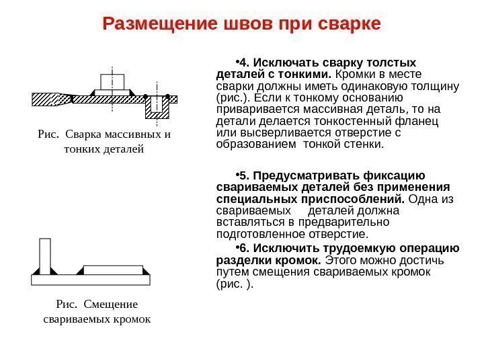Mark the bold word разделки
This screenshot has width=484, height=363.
pos(239,260)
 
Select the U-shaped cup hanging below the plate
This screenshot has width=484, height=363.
pos(158,108)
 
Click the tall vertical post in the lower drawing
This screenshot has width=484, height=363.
pos(45,256)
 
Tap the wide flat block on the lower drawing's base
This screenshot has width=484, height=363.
pos(116,270)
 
